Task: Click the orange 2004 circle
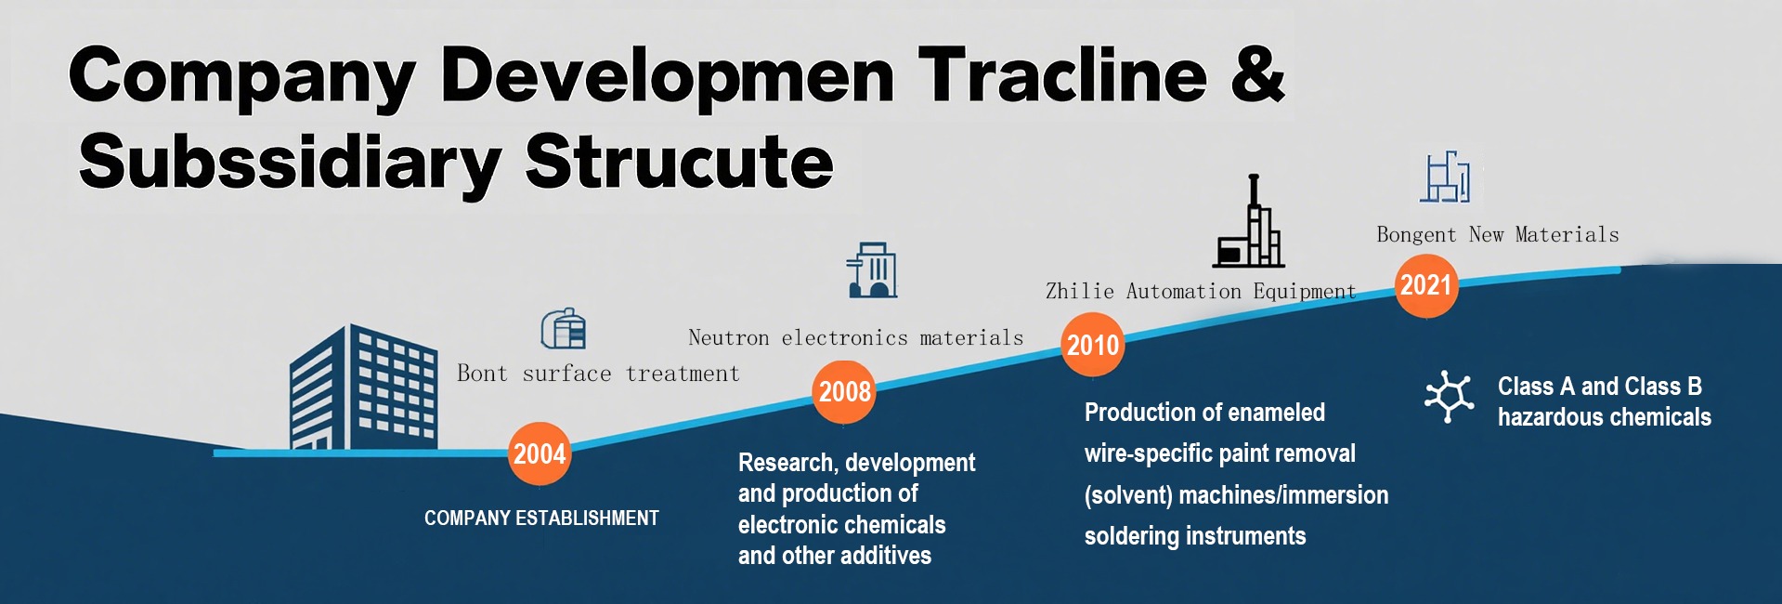[540, 453]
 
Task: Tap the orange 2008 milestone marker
[844, 392]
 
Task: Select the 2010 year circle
[1093, 345]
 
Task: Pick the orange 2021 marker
[1426, 285]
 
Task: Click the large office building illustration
[363, 387]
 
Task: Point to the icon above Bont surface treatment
[564, 328]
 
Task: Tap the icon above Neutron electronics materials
[872, 269]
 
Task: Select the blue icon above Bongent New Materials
[1445, 177]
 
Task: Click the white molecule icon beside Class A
[1449, 397]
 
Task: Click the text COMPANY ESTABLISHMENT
[541, 519]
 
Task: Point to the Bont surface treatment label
[598, 374]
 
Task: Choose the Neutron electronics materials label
[855, 337]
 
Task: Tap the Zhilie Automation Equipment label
[1201, 292]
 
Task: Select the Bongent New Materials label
[1498, 234]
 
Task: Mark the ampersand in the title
[1258, 74]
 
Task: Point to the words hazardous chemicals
[1604, 417]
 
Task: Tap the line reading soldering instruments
[1195, 536]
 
